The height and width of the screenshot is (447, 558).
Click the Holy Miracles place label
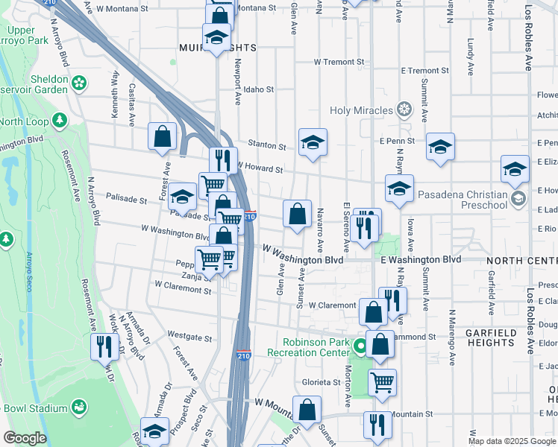tap(362, 111)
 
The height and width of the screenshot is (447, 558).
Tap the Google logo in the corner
tap(24, 438)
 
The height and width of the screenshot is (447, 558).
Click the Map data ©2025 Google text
tap(512, 441)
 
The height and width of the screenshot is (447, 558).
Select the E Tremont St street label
tap(424, 71)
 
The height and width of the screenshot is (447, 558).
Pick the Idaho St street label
tap(259, 89)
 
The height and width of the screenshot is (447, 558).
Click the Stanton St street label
tap(267, 146)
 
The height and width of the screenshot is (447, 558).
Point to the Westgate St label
tap(185, 336)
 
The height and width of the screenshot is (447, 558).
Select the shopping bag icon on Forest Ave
tap(162, 137)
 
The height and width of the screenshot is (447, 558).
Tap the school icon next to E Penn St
tap(441, 147)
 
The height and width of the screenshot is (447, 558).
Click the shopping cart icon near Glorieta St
tap(382, 382)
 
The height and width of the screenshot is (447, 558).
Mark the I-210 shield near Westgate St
tap(243, 349)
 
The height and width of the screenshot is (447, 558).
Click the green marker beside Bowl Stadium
tap(78, 408)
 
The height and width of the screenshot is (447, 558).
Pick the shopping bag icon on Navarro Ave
tap(297, 215)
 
